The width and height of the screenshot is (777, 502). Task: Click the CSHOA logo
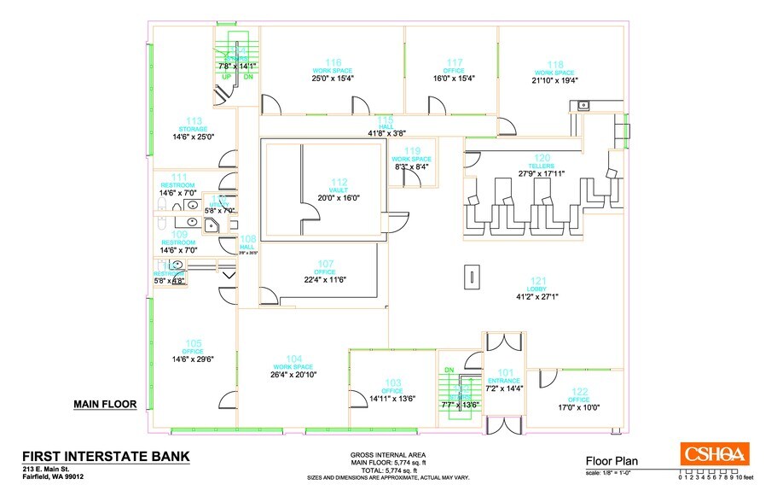tap(713, 453)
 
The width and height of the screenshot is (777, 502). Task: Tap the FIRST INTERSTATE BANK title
tap(106, 456)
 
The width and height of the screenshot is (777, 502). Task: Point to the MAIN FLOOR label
tap(105, 405)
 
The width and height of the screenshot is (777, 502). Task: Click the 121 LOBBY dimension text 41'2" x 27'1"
tap(536, 296)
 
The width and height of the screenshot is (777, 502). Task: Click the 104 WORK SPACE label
tap(293, 365)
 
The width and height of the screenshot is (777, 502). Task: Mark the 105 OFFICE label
tap(193, 351)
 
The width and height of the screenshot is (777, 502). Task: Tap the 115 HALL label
tap(386, 125)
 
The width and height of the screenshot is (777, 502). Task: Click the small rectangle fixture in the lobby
tap(469, 277)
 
